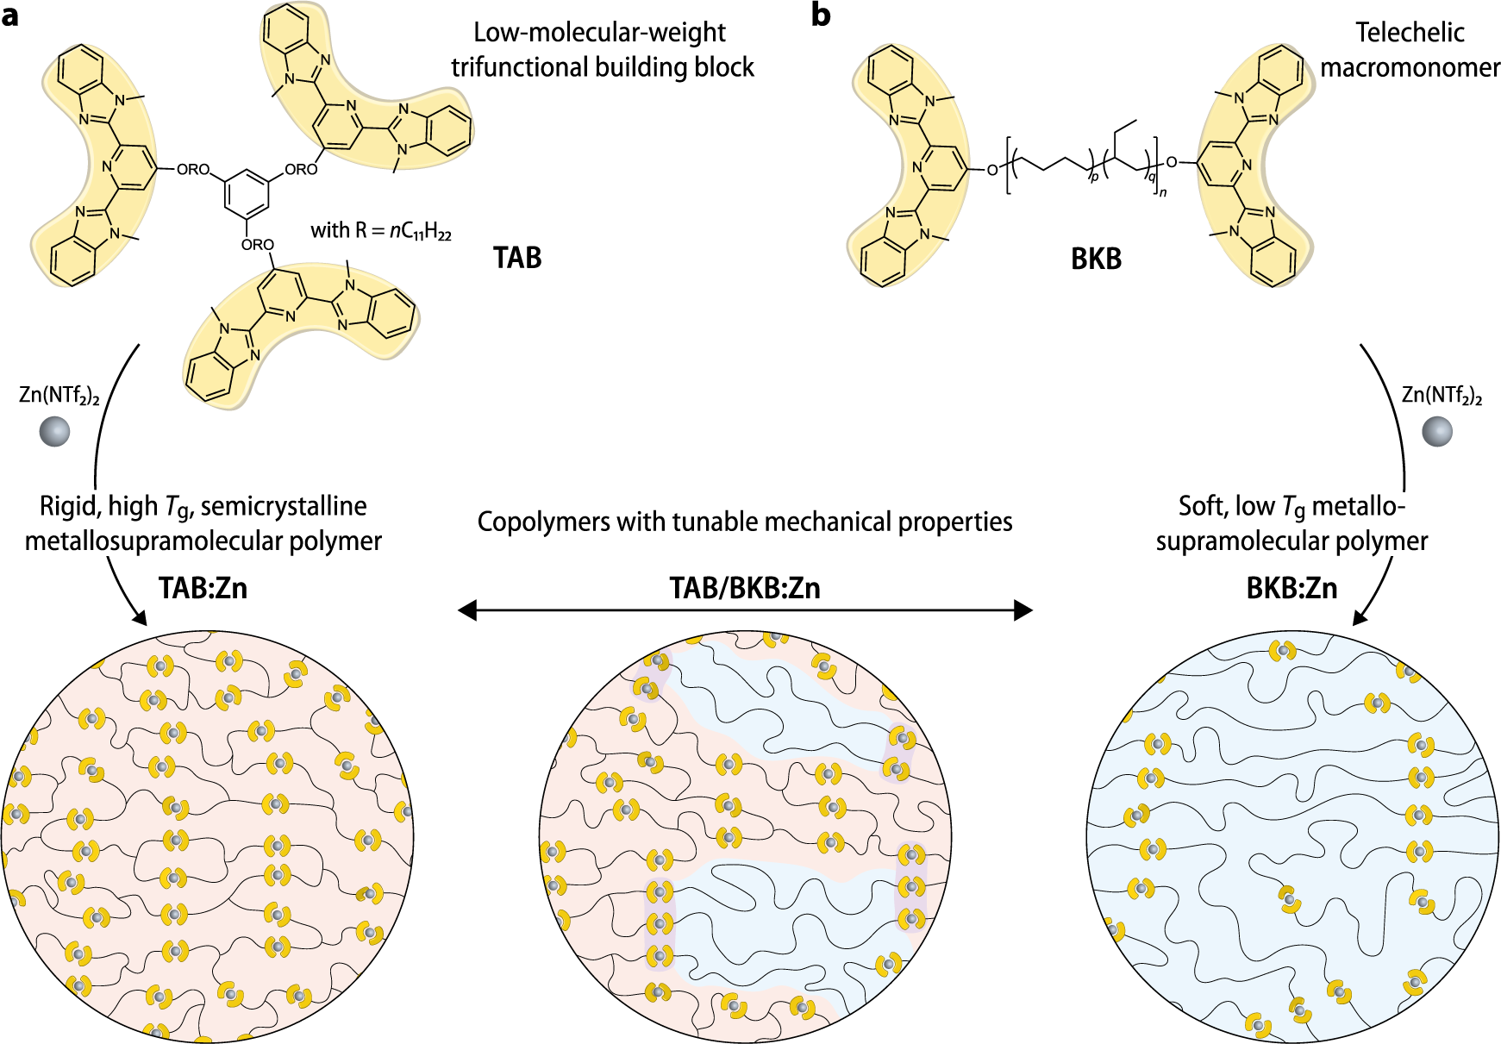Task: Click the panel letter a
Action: coord(9,16)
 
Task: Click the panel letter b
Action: coord(821,15)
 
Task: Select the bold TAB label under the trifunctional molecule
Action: coord(517,258)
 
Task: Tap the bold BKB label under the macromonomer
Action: coord(1096,259)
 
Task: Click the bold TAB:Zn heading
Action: coord(203,588)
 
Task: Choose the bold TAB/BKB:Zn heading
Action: coord(745,588)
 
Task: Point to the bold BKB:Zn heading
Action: coord(1291,588)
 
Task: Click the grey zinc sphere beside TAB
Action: coord(54,431)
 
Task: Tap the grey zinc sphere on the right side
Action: coord(1436,431)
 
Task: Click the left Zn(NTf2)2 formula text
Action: coord(59,396)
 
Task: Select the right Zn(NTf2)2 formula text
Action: coord(1442,396)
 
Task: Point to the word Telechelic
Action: coord(1410,33)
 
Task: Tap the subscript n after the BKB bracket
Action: coord(1163,192)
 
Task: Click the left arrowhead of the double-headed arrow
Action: coord(466,611)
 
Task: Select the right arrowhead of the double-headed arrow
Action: coord(1023,611)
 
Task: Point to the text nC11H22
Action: coord(420,231)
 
